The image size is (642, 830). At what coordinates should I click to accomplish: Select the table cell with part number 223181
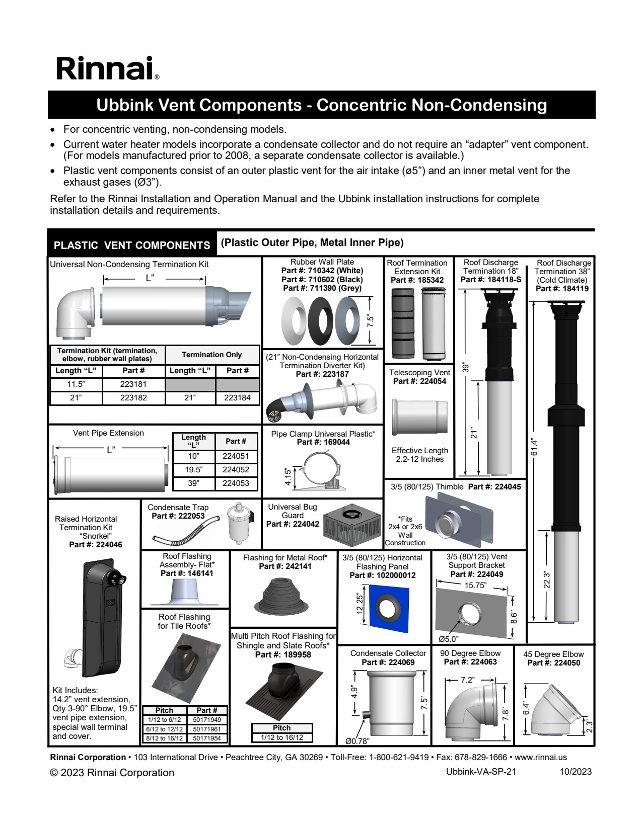(x=133, y=384)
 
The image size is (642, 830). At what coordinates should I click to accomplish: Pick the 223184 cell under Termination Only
(x=237, y=398)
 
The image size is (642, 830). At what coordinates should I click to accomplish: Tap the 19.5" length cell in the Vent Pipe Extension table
(x=193, y=470)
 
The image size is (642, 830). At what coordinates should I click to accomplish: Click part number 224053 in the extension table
(x=236, y=483)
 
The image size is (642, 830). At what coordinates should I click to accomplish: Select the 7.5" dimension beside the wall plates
(x=371, y=320)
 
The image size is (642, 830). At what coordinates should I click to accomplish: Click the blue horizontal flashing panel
(x=388, y=609)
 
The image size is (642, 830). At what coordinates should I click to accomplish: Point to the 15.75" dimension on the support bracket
(x=475, y=586)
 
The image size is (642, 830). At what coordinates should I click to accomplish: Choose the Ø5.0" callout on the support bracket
(x=448, y=639)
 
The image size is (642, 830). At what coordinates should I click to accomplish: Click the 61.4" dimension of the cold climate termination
(x=535, y=447)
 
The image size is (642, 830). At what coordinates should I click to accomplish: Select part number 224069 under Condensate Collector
(x=388, y=662)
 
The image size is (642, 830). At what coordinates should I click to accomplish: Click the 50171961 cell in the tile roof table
(x=207, y=729)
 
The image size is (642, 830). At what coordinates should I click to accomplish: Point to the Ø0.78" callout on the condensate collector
(x=357, y=741)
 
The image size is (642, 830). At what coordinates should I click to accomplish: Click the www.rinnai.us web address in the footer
(x=541, y=757)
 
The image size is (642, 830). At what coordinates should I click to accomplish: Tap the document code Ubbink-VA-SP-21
(x=481, y=772)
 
